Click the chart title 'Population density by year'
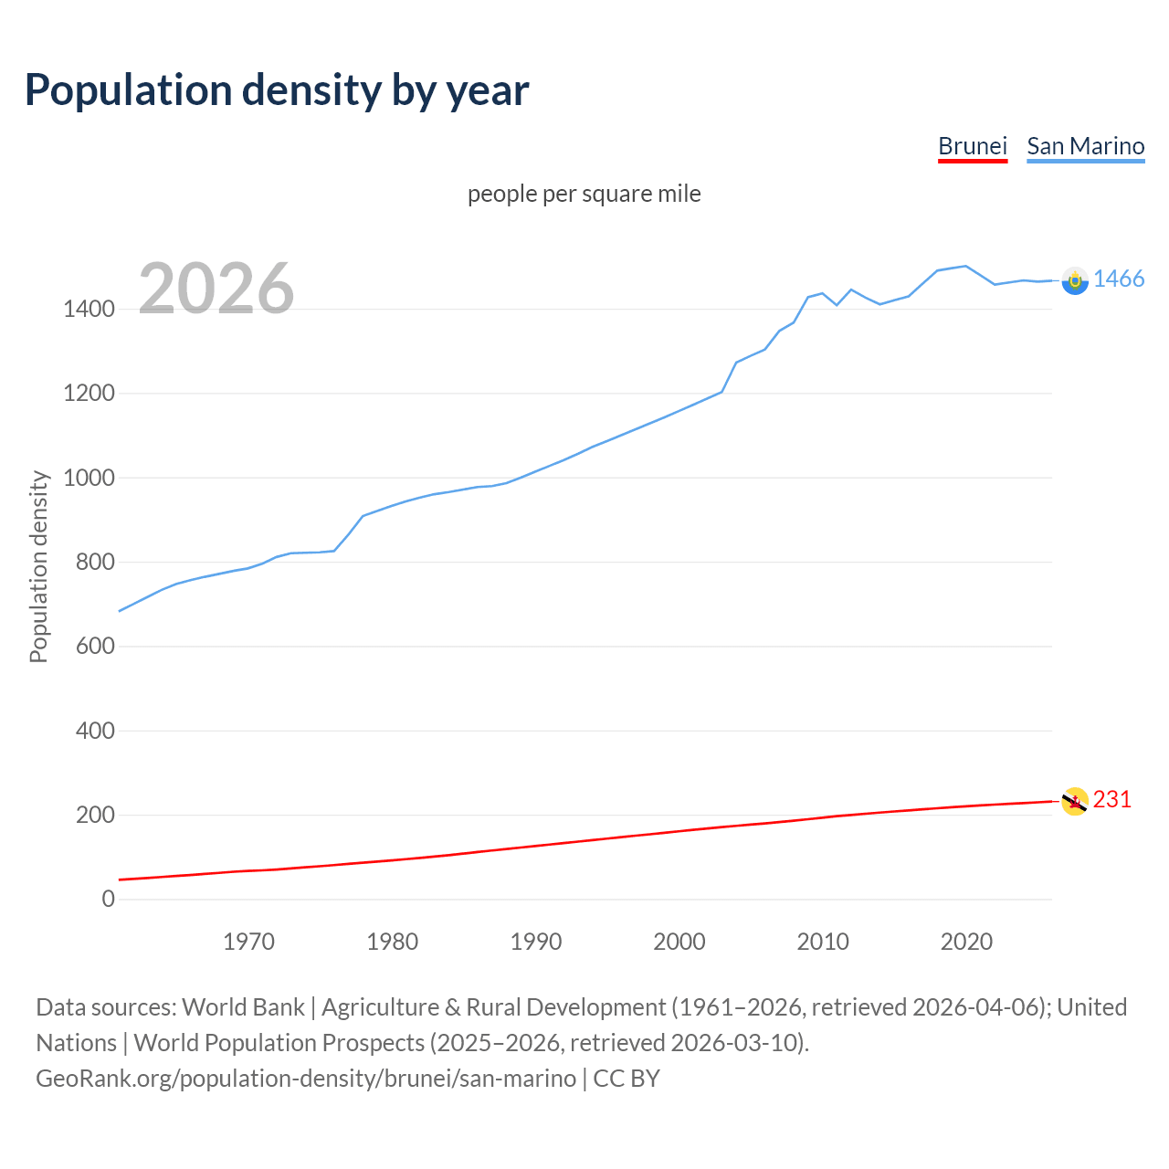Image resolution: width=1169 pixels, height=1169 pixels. point(277,90)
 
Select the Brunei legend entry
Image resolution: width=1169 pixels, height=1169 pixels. point(973,146)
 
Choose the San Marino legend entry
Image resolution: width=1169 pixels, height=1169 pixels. point(1085,146)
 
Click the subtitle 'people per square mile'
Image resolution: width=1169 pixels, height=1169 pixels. point(584,194)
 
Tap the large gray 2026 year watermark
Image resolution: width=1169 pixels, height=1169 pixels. point(216,289)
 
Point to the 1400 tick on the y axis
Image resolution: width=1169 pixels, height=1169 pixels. point(89,310)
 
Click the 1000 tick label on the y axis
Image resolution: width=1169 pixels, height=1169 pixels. point(89,478)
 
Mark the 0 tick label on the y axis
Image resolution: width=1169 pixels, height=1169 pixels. point(109,900)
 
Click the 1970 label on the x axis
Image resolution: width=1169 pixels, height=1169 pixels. point(248,942)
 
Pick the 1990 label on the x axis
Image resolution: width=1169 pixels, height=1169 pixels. point(536,942)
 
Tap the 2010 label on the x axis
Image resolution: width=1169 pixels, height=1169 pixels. point(823,942)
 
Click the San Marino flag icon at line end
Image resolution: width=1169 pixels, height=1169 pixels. point(1075,280)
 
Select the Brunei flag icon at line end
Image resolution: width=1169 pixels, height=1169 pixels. point(1075,801)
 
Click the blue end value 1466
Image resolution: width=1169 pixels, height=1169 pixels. point(1119,279)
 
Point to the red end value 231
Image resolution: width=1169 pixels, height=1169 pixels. point(1112,800)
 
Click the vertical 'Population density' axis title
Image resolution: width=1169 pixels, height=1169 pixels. point(38,566)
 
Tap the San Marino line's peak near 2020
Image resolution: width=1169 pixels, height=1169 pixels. point(965,266)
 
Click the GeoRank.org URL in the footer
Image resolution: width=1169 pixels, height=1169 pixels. point(306,1079)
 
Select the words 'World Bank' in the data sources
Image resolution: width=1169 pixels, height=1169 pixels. point(243,1007)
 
